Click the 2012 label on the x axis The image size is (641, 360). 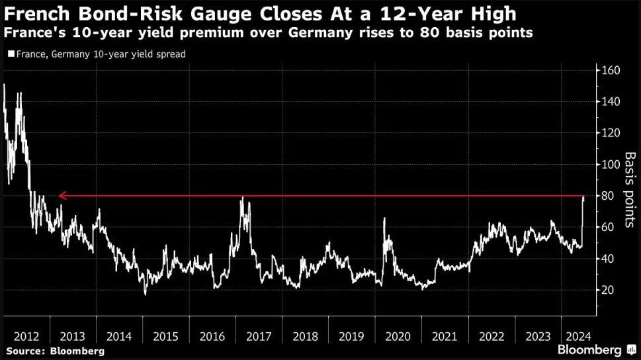(x=26, y=336)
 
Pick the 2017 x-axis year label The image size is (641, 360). (x=259, y=336)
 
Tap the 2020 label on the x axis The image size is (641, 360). (x=398, y=336)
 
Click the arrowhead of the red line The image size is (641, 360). (x=61, y=196)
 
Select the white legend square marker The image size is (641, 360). (x=9, y=54)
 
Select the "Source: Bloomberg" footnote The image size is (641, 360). (x=54, y=350)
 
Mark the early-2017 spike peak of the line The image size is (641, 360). (x=243, y=197)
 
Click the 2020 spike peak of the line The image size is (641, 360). (x=384, y=218)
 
